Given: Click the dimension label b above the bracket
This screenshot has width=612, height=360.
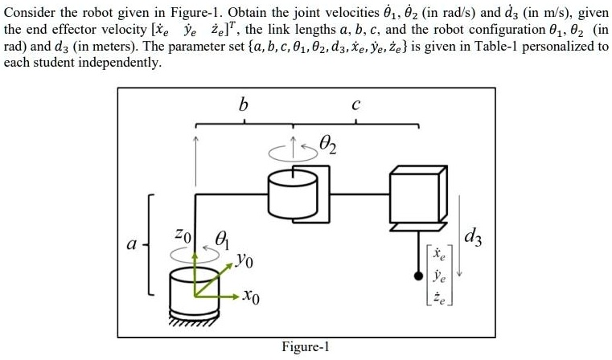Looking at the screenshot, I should pos(244,104).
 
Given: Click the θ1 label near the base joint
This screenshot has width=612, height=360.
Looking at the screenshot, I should pos(224,239).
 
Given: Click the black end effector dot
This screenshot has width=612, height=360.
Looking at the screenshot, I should pos(417,277).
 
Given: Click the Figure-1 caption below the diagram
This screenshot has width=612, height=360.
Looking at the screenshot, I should pos(306,347).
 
